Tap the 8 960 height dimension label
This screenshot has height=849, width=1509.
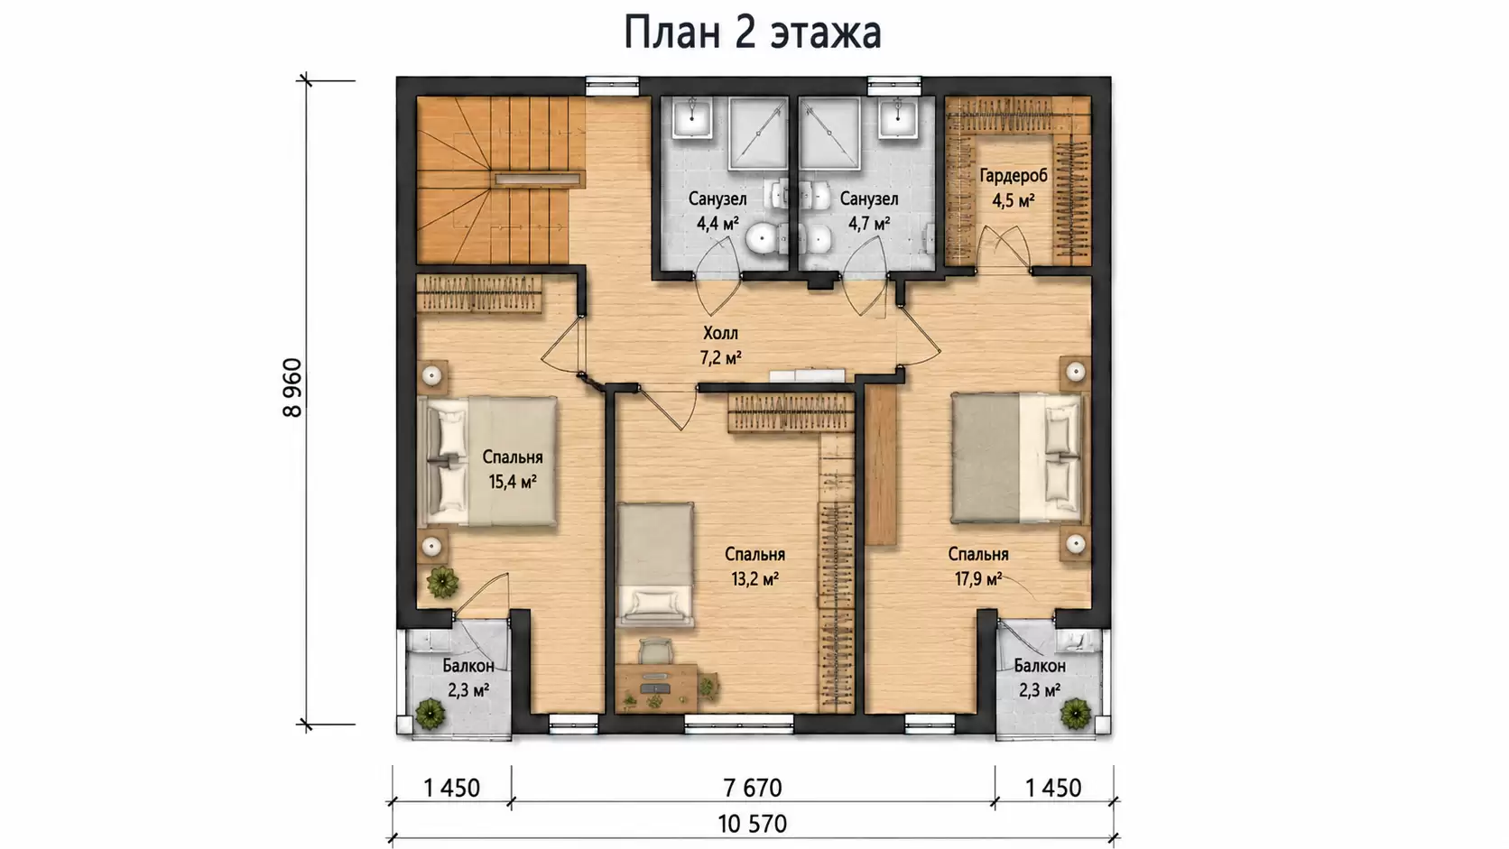[292, 388]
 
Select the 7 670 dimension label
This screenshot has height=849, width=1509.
[753, 788]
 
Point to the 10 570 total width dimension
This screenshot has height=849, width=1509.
[753, 824]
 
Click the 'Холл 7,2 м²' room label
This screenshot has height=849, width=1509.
[721, 346]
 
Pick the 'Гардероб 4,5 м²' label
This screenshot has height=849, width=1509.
[1014, 188]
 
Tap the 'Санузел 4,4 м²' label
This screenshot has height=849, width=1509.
[717, 211]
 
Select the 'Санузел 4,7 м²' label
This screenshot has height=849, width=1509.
[869, 211]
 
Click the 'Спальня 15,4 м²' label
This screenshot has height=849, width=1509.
[513, 469]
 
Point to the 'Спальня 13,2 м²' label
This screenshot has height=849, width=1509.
[755, 567]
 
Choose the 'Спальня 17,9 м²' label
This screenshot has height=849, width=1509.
[978, 567]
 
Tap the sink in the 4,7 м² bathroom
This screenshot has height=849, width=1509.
[899, 117]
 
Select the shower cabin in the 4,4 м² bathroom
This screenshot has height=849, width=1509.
[758, 134]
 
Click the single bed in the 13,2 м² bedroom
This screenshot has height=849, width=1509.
[655, 564]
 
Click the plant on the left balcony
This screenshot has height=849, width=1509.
[429, 713]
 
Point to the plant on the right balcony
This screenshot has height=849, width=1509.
[1075, 713]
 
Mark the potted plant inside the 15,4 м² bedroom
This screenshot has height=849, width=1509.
[442, 582]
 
